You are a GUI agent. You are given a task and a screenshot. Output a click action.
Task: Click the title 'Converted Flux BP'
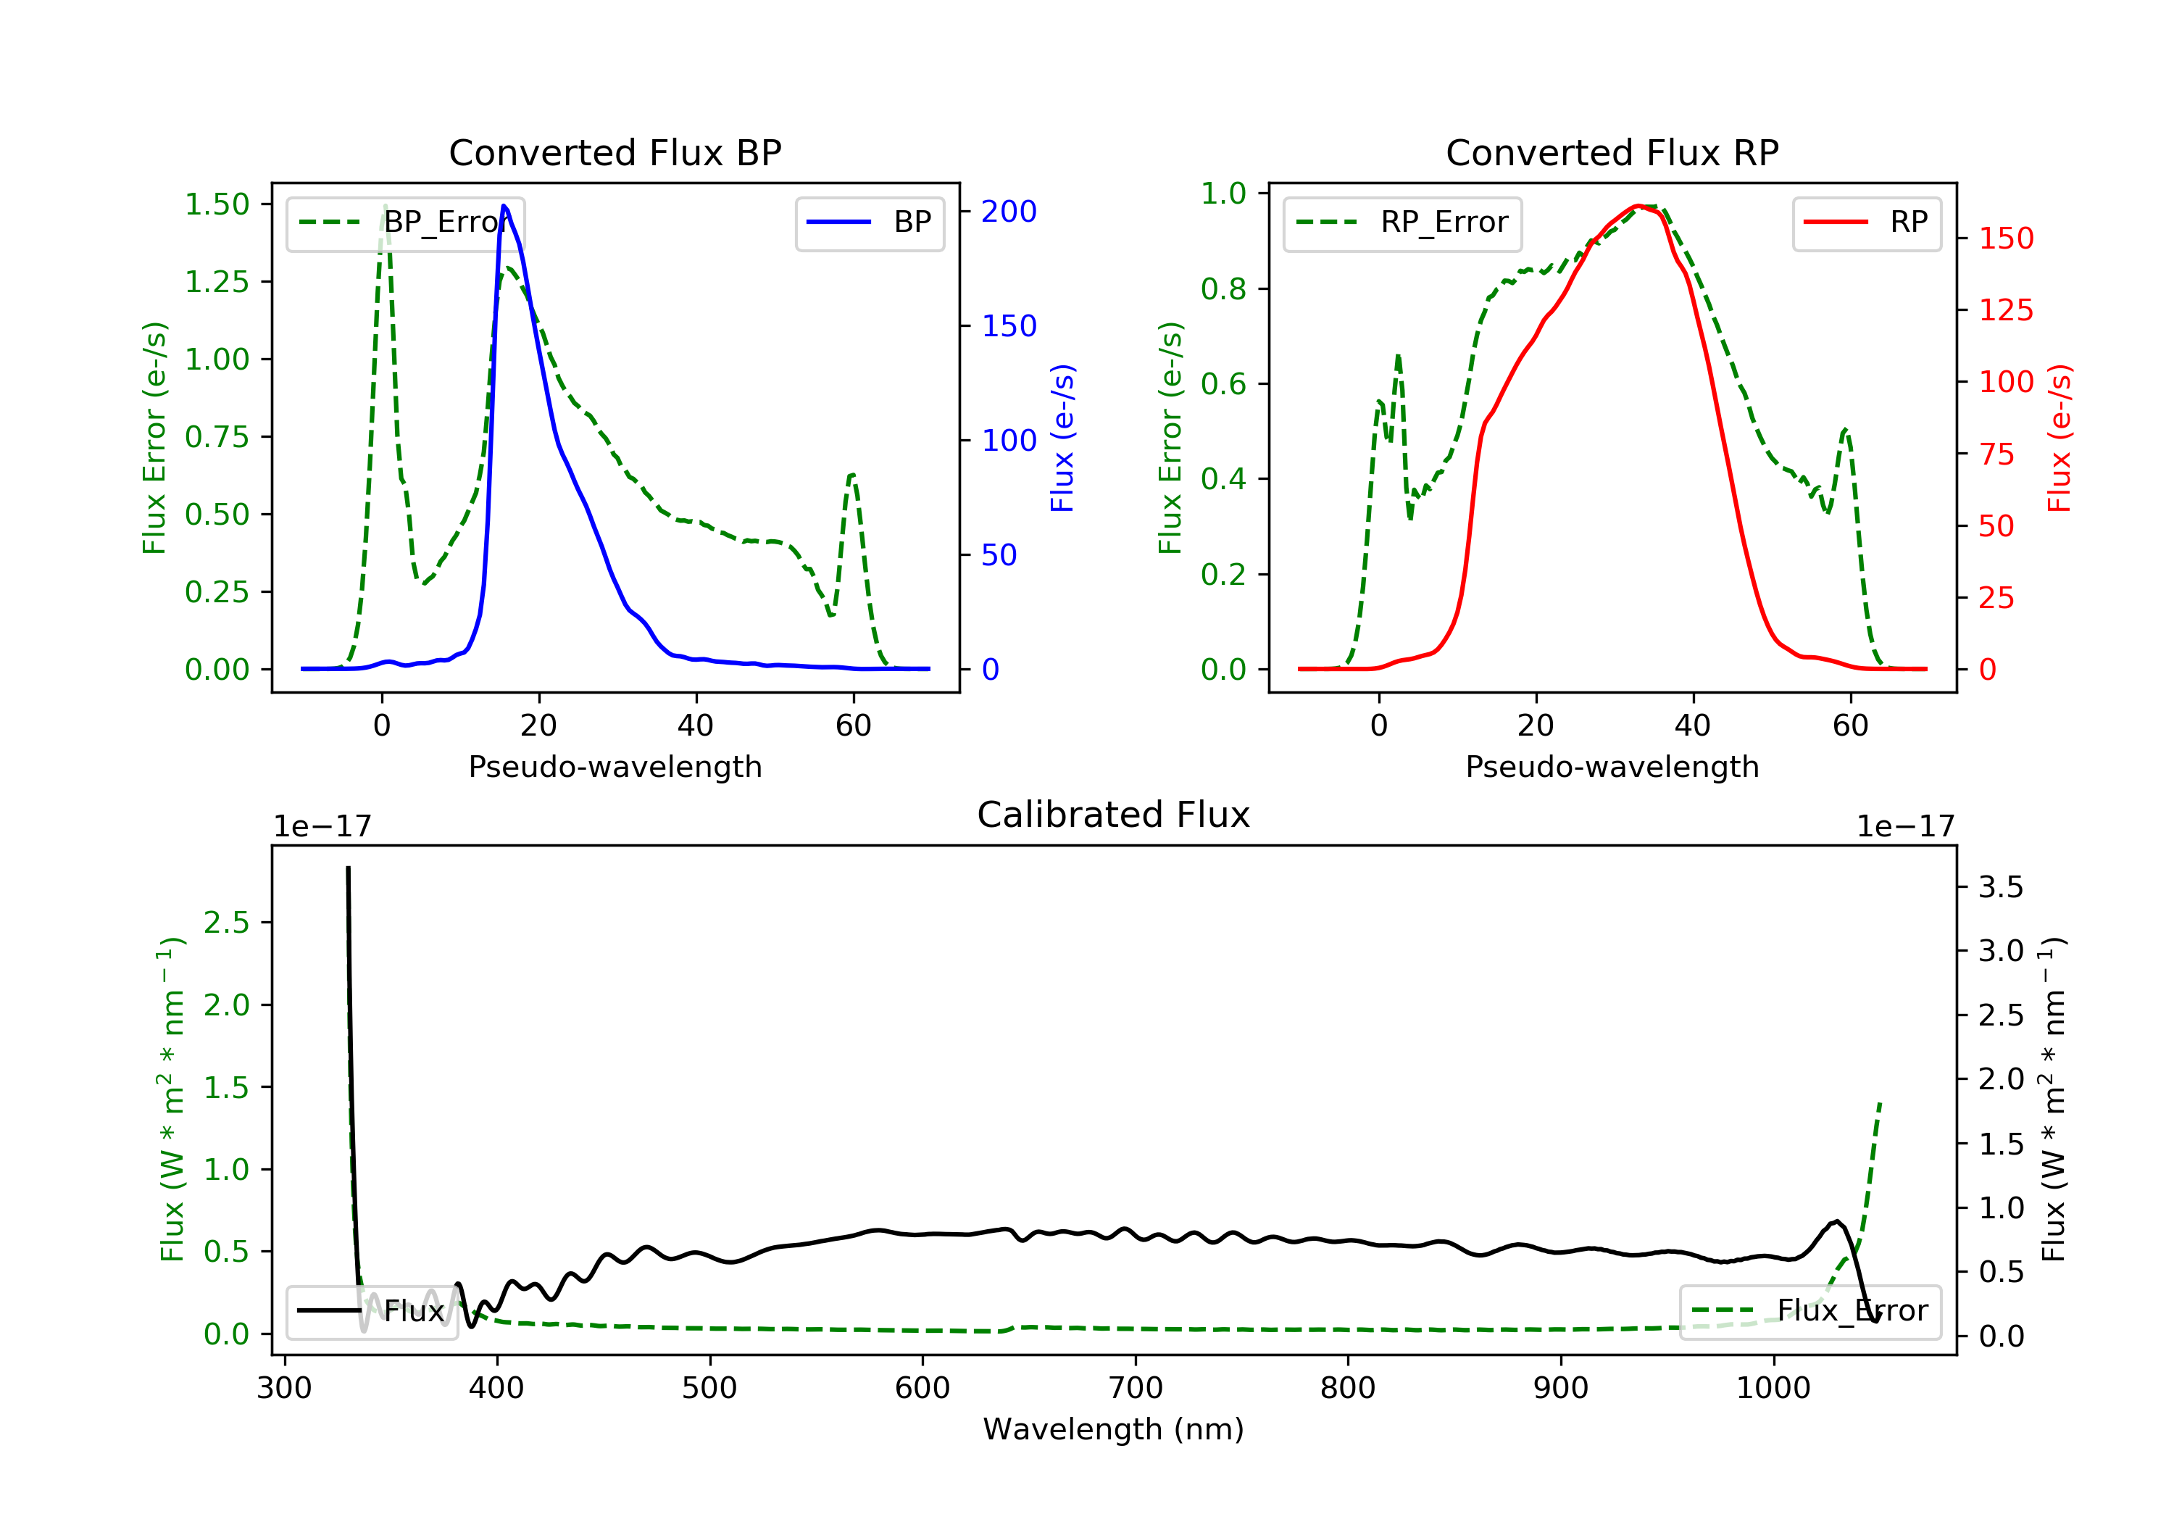click(615, 152)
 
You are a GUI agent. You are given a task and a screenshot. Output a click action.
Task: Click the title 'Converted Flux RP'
click(1612, 152)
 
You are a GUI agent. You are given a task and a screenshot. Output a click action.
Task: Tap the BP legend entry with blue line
click(870, 223)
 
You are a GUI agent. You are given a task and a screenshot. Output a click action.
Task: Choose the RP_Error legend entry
click(1402, 223)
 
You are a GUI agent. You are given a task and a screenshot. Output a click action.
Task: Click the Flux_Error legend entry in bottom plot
click(1809, 1311)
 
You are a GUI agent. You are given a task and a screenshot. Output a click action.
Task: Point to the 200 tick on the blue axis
click(1009, 211)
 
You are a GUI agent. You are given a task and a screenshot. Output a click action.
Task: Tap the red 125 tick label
click(2005, 309)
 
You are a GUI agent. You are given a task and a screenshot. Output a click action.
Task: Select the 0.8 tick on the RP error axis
click(1223, 289)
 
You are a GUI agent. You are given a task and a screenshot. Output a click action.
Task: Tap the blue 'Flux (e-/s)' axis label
click(1062, 438)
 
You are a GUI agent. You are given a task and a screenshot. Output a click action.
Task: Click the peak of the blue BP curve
click(504, 206)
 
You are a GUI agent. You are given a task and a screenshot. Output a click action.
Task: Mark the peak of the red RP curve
click(1636, 207)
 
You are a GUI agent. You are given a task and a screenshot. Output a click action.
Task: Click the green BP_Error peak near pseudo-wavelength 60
click(852, 475)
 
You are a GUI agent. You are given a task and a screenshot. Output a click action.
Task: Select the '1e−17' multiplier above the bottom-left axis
click(322, 827)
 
